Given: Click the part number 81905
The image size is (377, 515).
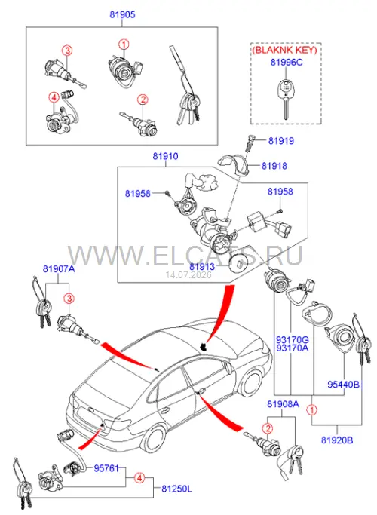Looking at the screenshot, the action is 122,14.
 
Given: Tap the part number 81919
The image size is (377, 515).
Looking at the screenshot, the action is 281,141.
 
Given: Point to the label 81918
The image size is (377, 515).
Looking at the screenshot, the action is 274,166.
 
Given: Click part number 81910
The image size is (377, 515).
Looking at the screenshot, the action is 166,156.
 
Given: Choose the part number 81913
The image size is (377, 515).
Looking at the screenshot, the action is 202,266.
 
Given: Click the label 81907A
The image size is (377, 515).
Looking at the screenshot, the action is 59,269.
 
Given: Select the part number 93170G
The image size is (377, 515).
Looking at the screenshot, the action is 293,339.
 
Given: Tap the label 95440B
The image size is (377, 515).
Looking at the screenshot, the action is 344,384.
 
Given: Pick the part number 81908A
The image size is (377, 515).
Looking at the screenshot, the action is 283,403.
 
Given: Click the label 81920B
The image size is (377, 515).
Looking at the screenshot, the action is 337,440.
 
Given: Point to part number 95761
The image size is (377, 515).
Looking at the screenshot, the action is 106,468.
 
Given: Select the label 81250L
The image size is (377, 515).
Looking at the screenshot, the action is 176,489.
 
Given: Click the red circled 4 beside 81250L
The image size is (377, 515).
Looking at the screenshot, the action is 139,478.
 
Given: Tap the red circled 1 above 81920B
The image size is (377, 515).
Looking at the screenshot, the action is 311,410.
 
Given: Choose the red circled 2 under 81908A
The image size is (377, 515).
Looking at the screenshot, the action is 268,428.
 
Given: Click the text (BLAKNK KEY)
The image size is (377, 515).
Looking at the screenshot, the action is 284,50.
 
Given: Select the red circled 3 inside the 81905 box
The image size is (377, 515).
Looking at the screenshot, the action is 67,51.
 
